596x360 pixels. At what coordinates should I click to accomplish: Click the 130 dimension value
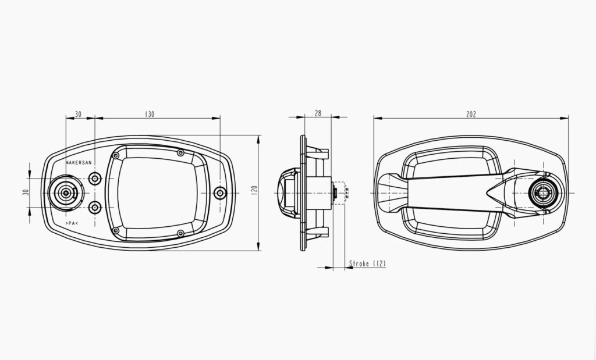pos(150,115)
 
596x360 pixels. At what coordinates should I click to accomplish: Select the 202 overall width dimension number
pos(471,115)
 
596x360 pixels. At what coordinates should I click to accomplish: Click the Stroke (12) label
pos(367,264)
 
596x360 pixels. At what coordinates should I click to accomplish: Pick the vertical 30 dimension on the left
pos(26,193)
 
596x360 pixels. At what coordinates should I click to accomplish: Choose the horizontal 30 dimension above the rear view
pos(79,115)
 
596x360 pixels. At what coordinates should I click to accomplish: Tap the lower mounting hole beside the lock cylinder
pos(95,206)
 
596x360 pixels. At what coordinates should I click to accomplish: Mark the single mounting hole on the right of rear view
pos(219,193)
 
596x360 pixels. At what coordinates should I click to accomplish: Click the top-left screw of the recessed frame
pos(116,156)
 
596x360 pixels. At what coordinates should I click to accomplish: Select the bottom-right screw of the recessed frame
pos(180,233)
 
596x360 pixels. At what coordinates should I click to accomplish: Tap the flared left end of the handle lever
pos(388,193)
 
